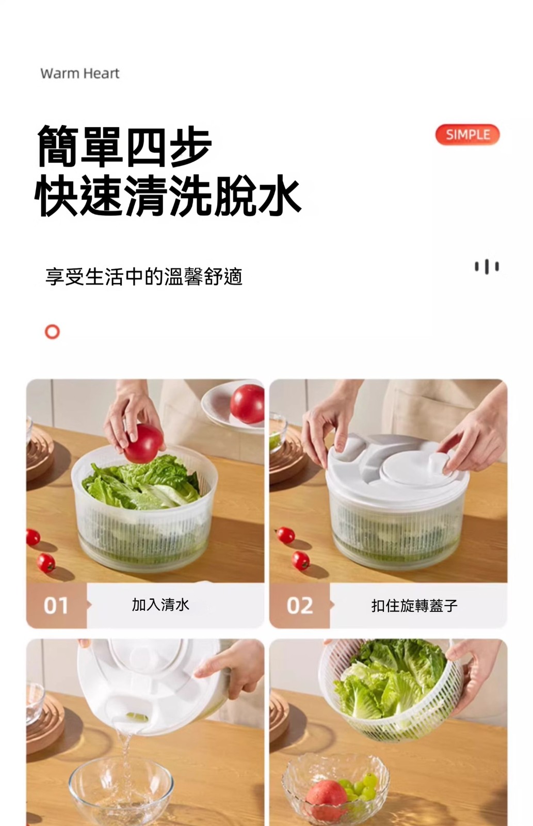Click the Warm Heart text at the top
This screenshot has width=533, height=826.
79,73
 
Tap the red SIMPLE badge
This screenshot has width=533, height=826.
467,135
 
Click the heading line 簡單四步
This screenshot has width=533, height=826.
124,147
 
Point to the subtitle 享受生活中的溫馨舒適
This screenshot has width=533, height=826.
144,277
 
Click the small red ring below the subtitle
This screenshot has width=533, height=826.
52,331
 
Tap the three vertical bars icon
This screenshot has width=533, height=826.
487,266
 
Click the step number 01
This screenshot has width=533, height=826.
56,606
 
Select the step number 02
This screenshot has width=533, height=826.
300,606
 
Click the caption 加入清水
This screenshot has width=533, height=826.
160,605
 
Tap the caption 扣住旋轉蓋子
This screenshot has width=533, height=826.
414,606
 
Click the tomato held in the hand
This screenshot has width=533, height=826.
143,443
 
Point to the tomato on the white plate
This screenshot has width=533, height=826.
248,403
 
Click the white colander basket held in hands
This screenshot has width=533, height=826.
391,690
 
